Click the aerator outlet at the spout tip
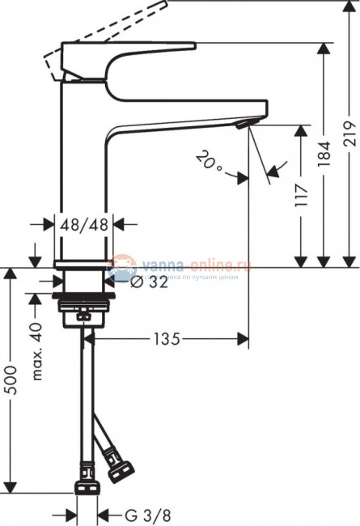tap(244, 123)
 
